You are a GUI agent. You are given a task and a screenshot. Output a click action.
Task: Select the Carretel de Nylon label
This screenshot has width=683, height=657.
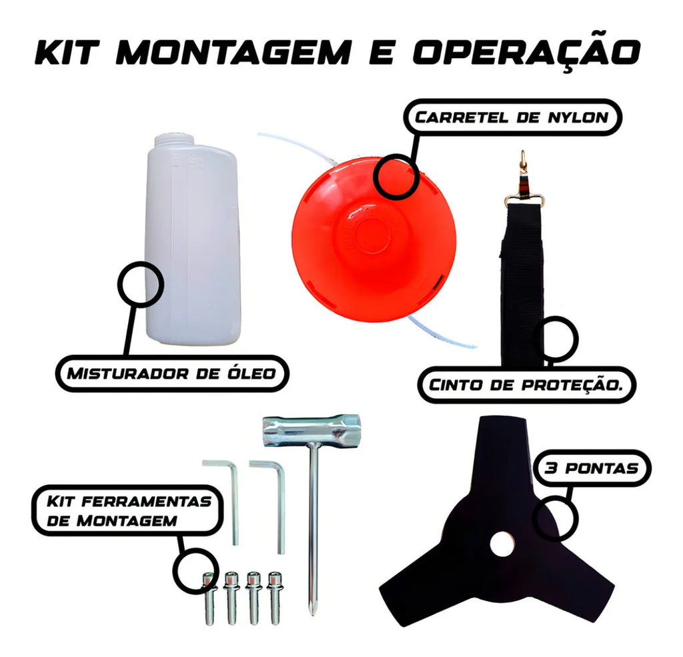click(512, 117)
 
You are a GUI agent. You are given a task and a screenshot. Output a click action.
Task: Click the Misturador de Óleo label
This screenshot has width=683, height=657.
click(172, 374)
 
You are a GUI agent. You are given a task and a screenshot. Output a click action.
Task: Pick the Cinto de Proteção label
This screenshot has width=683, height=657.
click(526, 385)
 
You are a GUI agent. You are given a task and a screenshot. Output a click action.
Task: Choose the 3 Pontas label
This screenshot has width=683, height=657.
click(592, 468)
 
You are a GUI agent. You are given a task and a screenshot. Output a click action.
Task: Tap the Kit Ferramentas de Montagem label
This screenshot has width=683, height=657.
click(127, 511)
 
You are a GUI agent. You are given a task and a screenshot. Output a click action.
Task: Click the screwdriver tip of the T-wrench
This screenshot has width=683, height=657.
click(312, 608)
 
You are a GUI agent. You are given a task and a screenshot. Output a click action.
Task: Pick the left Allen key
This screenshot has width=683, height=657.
click(222, 502)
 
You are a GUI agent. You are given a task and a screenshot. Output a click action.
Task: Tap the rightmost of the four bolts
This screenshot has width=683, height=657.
click(274, 598)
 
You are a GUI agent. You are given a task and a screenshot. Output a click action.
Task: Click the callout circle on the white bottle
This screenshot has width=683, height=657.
click(141, 285)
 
